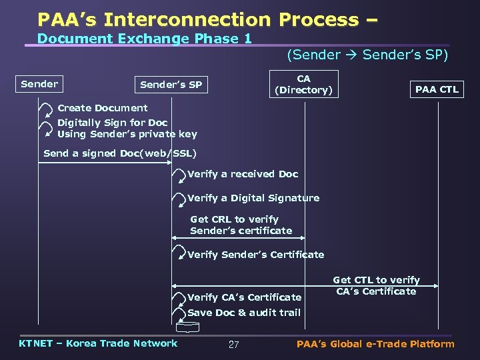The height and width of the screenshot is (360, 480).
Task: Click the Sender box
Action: click(39, 84)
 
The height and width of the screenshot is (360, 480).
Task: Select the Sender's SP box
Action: click(171, 85)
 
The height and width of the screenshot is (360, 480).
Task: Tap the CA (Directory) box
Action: click(303, 85)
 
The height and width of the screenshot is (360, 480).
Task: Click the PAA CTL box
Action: click(437, 89)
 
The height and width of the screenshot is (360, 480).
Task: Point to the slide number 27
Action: click(233, 345)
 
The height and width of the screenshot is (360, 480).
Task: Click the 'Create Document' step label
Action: click(103, 108)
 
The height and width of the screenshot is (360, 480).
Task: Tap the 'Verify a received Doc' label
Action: click(243, 174)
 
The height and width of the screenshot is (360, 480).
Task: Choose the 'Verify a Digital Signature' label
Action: click(253, 198)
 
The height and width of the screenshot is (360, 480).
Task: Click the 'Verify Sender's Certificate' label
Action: click(256, 255)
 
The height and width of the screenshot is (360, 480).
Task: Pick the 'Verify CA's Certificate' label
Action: click(245, 297)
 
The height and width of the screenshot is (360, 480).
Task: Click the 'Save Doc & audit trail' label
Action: click(244, 313)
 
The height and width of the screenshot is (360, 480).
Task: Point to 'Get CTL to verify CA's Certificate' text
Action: click(376, 285)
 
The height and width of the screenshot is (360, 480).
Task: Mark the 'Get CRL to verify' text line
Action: click(234, 219)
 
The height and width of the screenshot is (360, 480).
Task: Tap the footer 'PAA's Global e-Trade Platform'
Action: click(375, 344)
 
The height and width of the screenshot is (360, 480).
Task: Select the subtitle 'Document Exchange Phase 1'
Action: click(144, 39)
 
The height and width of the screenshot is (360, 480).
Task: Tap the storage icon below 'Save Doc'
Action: click(188, 327)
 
